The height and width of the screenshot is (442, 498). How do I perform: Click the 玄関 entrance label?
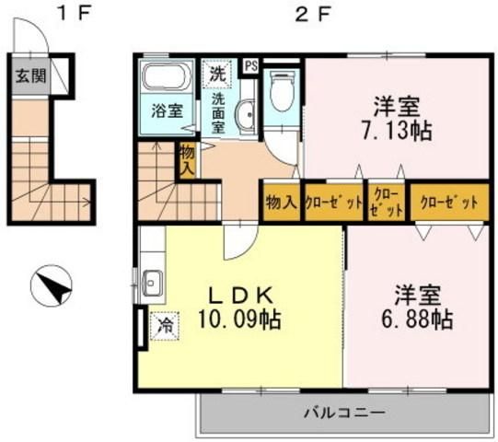(x=25, y=76)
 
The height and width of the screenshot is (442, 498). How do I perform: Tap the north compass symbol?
(x=52, y=288)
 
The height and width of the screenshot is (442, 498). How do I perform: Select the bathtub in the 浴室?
(x=167, y=77)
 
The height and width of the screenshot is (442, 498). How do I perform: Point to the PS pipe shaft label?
(x=249, y=66)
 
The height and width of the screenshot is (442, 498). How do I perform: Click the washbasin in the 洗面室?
(x=244, y=118)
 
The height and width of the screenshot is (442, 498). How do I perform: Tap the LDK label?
(x=238, y=297)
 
